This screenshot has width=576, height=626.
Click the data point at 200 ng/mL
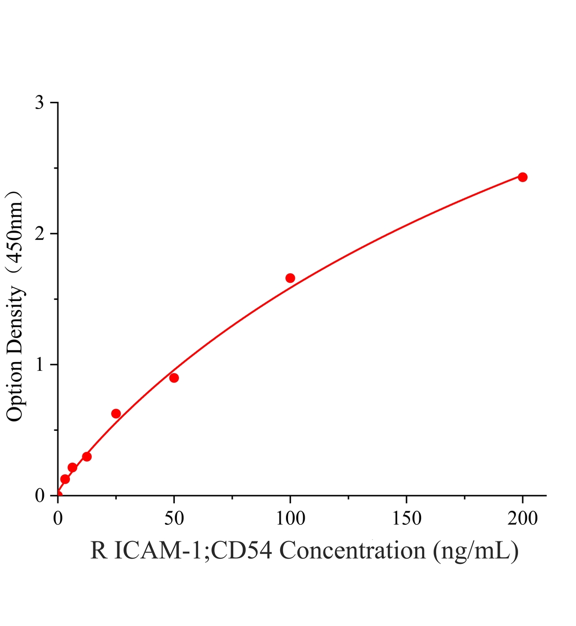pyautogui.click(x=522, y=177)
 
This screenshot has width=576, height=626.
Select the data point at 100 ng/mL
pyautogui.click(x=290, y=278)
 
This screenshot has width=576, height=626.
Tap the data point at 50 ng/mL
pyautogui.click(x=174, y=378)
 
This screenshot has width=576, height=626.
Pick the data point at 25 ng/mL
pyautogui.click(x=116, y=414)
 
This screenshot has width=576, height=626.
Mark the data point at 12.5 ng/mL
pyautogui.click(x=87, y=457)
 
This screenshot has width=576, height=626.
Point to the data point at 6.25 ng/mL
pyautogui.click(x=72, y=467)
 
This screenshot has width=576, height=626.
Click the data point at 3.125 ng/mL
pyautogui.click(x=65, y=479)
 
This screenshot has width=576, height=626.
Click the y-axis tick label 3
pyautogui.click(x=40, y=102)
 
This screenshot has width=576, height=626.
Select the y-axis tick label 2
pyautogui.click(x=40, y=233)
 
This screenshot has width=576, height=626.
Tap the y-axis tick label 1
pyautogui.click(x=40, y=365)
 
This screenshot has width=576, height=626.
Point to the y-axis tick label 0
pyautogui.click(x=40, y=496)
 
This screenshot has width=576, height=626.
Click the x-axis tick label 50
pyautogui.click(x=174, y=519)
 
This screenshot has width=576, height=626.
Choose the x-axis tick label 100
pyautogui.click(x=290, y=519)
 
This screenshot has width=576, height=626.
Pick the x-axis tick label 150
pyautogui.click(x=406, y=519)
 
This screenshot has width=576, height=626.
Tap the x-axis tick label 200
pyautogui.click(x=522, y=519)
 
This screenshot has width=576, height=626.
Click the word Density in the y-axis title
pyautogui.click(x=15, y=322)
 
